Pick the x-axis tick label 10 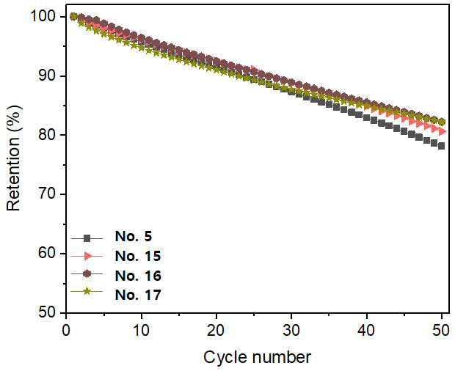pos(141,331)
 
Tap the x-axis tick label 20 pos(216,331)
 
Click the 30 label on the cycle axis pos(291,331)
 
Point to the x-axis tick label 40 pos(366,331)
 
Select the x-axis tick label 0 pos(67,331)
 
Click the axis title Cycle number pos(257,357)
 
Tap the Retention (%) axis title pos(14,158)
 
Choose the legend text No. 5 pos(134,237)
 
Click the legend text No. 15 pos(138,256)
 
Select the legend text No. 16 pos(138,276)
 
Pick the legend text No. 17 pos(138,295)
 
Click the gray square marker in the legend pos(87,238)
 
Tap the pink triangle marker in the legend pos(87,256)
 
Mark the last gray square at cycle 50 pos(442,146)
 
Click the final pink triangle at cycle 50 pos(443,131)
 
